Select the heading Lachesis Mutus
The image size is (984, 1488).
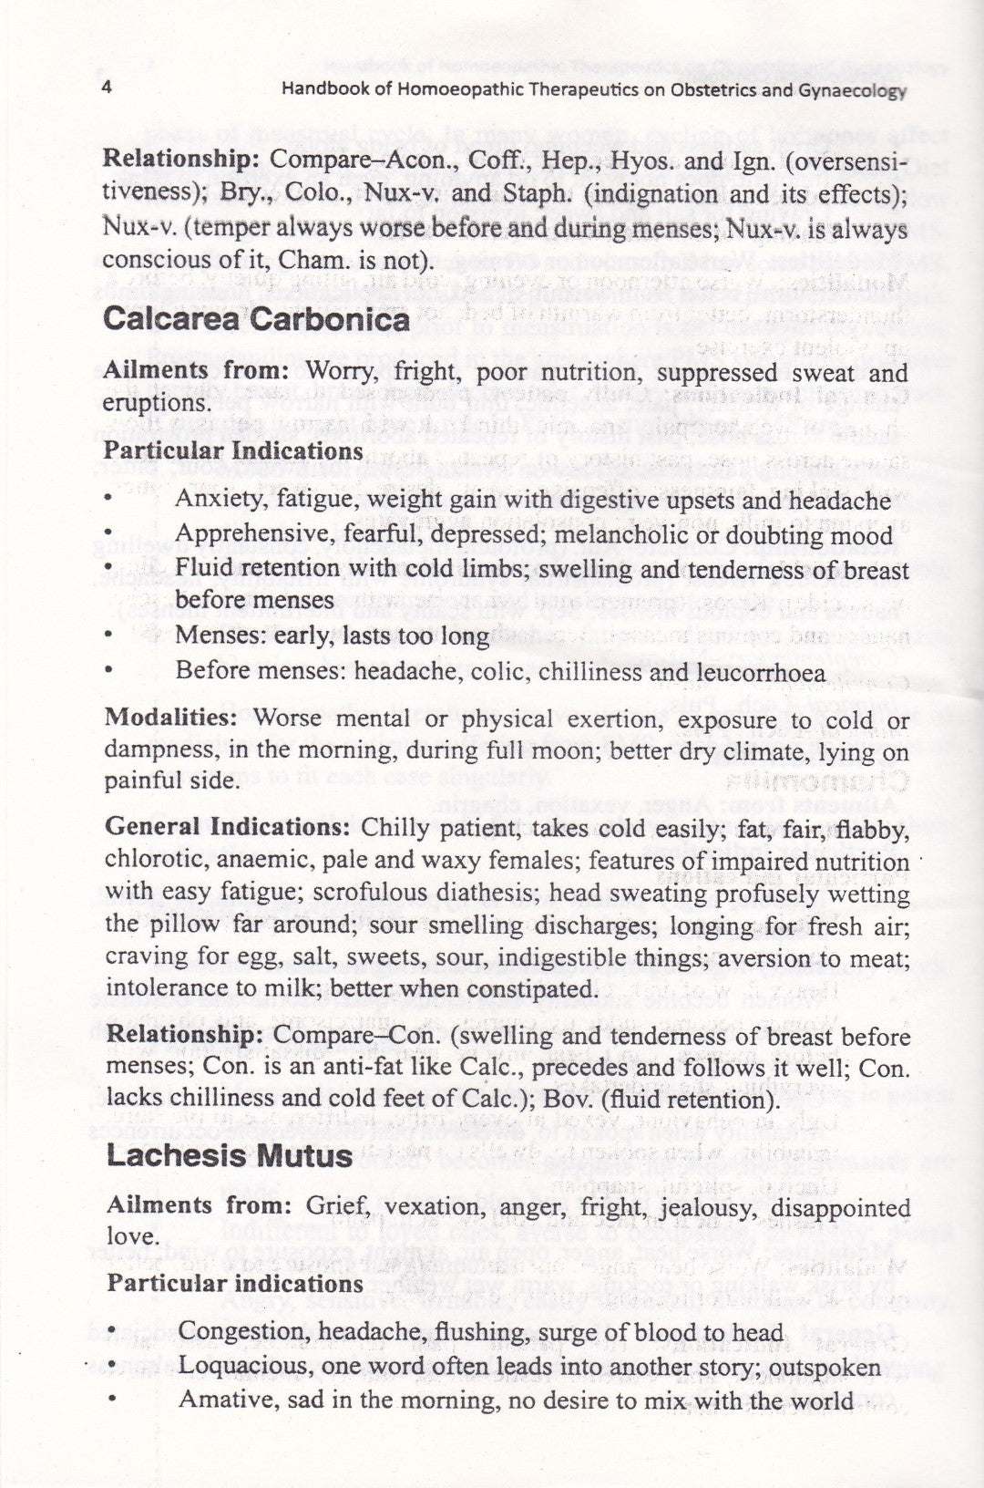pyautogui.click(x=230, y=1155)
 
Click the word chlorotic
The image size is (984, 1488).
pyautogui.click(x=151, y=861)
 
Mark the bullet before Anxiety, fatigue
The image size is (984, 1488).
pyautogui.click(x=108, y=500)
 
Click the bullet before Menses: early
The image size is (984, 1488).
pyautogui.click(x=108, y=635)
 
